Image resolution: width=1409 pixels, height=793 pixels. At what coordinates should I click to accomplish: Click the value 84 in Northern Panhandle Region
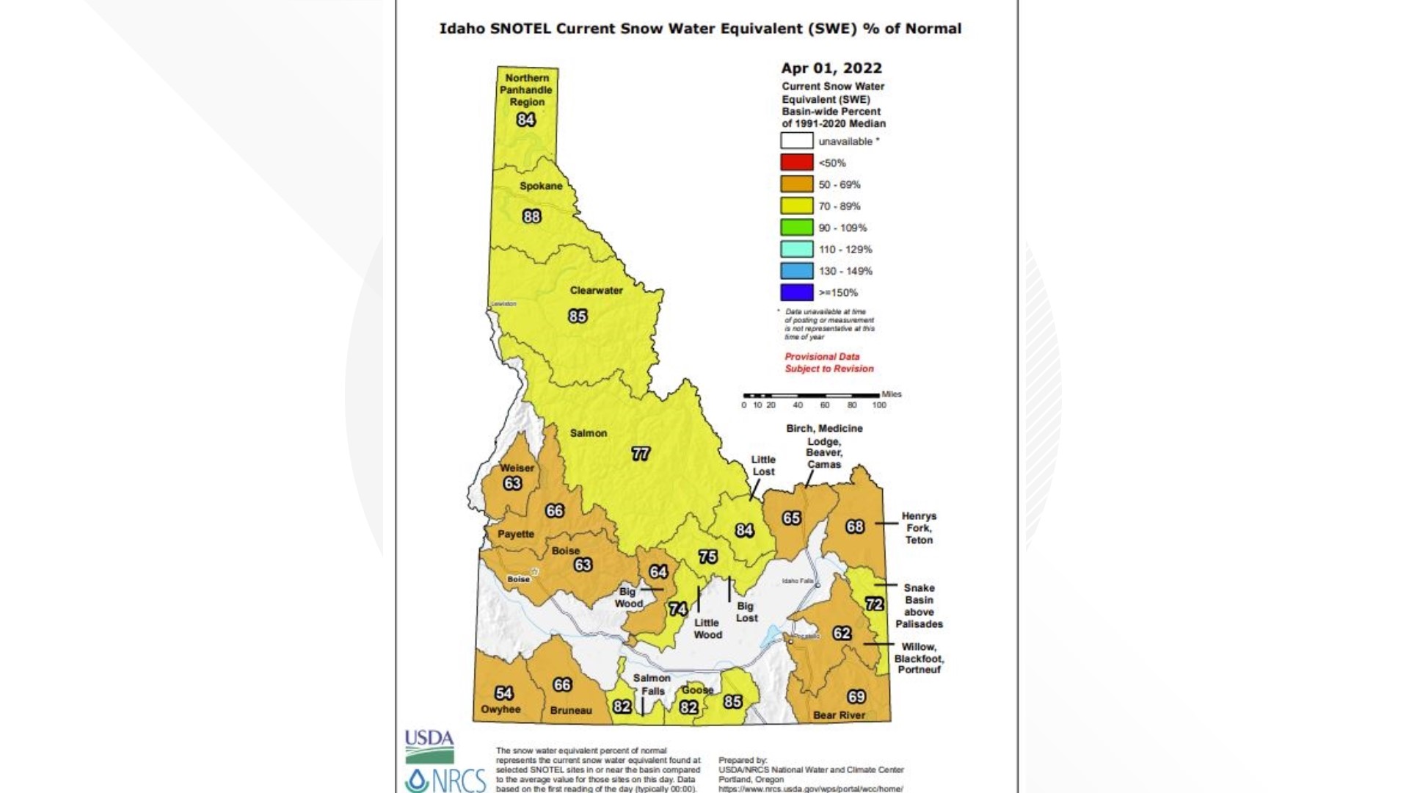tap(525, 120)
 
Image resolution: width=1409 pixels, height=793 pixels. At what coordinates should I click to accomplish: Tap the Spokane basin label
tap(541, 186)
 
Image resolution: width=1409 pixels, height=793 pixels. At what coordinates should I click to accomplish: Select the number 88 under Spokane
tap(531, 217)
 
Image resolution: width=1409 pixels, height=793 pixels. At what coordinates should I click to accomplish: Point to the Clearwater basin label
tap(596, 290)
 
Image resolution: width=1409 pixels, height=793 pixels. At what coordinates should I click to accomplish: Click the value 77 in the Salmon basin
tap(641, 454)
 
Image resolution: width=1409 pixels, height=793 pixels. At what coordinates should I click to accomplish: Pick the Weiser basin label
tap(517, 468)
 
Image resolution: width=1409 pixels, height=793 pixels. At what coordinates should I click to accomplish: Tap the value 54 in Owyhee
tap(503, 693)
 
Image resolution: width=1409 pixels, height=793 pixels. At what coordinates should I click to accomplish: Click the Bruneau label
tap(570, 710)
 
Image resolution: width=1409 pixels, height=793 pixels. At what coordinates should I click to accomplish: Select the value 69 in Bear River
tap(856, 696)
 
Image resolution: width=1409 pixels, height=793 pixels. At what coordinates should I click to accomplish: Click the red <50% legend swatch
tap(796, 163)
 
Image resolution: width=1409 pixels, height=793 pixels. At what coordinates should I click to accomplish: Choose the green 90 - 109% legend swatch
tap(796, 228)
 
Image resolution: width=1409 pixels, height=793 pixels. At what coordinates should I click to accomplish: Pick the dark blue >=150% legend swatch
tap(796, 292)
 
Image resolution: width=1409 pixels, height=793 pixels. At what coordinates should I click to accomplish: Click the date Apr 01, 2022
tap(831, 68)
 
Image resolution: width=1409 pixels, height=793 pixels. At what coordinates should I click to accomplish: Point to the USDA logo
tap(429, 746)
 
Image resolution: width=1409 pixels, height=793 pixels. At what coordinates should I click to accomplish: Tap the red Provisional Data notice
tap(829, 363)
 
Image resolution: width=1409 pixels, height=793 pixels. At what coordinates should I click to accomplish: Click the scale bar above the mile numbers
tap(812, 395)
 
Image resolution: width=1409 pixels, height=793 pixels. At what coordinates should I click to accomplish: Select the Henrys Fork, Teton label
tap(919, 528)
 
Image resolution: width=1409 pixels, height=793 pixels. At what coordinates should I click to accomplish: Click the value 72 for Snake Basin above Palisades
tap(874, 604)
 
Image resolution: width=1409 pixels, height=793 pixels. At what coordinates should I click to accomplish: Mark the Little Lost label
tap(763, 466)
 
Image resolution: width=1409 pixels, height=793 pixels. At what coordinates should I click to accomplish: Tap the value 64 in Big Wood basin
tap(658, 571)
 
